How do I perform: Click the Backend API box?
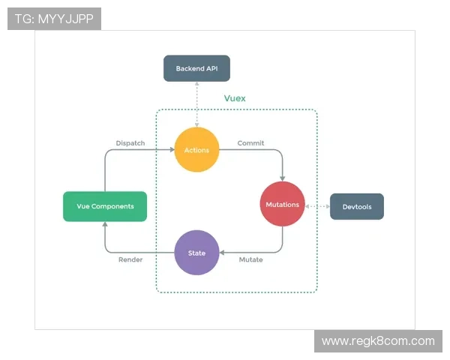(196, 68)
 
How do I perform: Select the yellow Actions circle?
(196, 150)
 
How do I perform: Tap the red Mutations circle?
(283, 204)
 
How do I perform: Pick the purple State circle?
(196, 253)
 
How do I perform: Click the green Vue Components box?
(105, 206)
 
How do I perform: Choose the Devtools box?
(357, 206)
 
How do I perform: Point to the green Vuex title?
(235, 98)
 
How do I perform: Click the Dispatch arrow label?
(130, 142)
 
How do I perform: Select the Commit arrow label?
(250, 142)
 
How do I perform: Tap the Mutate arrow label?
(250, 259)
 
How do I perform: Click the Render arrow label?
(130, 259)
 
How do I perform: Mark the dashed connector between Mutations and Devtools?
(317, 205)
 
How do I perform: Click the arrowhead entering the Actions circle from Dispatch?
(171, 150)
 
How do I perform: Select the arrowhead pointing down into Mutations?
(283, 178)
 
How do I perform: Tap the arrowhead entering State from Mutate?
(223, 253)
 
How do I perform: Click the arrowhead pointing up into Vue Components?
(105, 225)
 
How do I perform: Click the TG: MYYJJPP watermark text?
(54, 19)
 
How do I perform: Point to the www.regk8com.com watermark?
(378, 341)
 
